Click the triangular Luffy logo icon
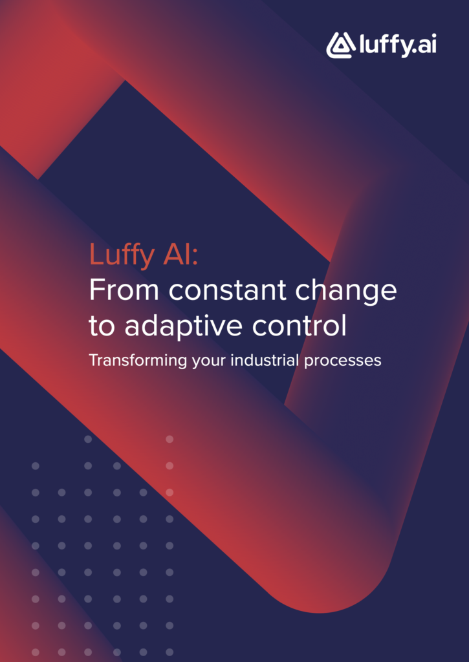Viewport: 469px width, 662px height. (x=340, y=45)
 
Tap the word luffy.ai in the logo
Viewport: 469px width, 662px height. (x=398, y=44)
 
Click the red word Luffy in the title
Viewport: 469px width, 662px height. (x=122, y=255)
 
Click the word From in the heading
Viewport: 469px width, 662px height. (x=124, y=290)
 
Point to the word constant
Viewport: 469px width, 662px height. (x=228, y=290)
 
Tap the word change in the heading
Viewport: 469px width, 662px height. (x=346, y=292)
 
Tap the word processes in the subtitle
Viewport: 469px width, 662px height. (x=343, y=361)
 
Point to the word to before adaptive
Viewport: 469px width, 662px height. (x=102, y=326)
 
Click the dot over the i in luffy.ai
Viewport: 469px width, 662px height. (x=433, y=35)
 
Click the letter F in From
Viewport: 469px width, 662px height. (x=97, y=290)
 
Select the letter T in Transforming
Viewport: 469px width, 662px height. (x=94, y=359)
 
